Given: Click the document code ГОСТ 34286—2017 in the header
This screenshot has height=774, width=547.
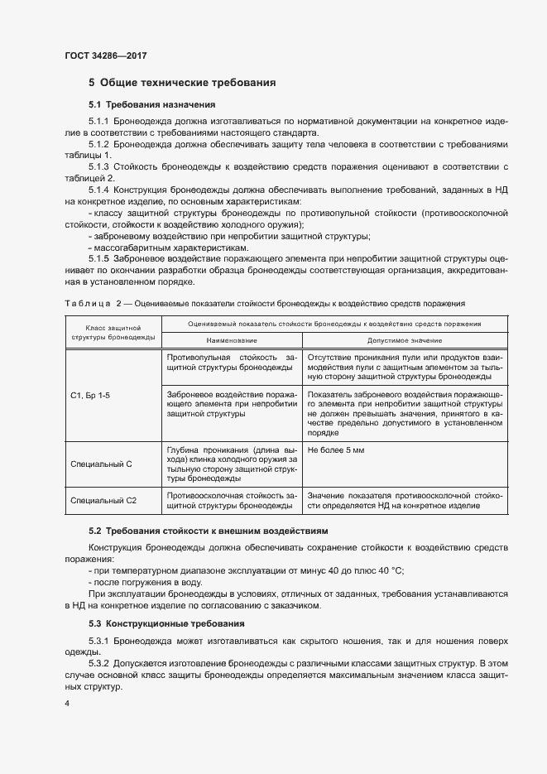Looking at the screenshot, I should (105, 55).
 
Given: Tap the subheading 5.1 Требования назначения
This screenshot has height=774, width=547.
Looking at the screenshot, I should (151, 105).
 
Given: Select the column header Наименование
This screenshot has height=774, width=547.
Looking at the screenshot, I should (233, 340).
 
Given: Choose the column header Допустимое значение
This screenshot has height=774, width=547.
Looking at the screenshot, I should (404, 340).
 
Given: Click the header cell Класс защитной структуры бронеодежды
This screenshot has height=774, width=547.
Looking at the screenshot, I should (108, 333).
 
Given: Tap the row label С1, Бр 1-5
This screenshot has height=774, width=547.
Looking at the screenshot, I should (90, 396).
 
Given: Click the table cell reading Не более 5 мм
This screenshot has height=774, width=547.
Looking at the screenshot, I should (336, 449).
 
